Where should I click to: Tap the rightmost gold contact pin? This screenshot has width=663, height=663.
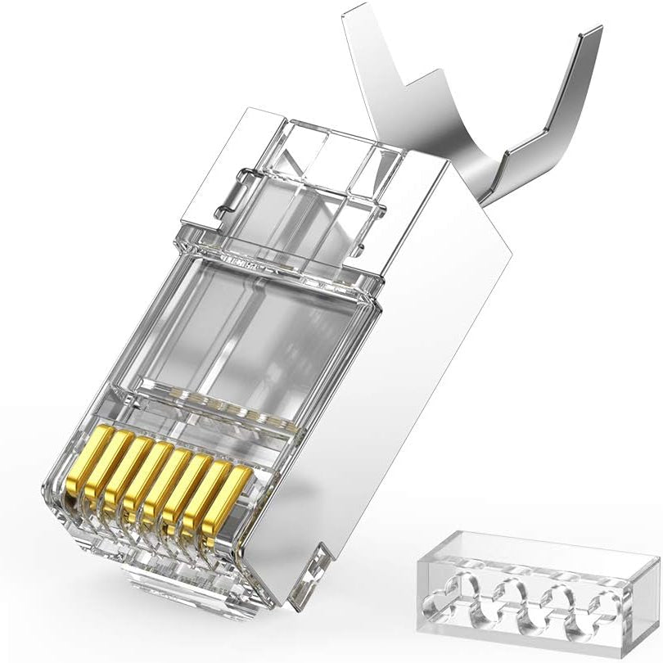point(231,500)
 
